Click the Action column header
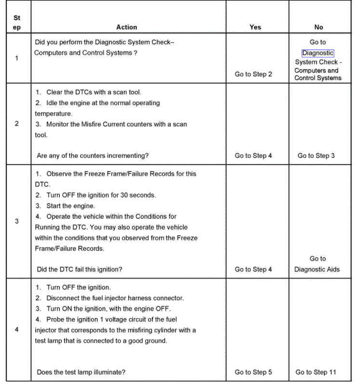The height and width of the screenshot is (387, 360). tap(127, 27)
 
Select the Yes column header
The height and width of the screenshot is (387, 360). tap(255, 27)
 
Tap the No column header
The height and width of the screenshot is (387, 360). tap(319, 27)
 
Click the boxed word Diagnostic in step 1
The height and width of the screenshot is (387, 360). tap(318, 53)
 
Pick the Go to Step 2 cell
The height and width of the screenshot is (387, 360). tap(253, 74)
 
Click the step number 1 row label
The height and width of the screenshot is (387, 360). tap(17, 58)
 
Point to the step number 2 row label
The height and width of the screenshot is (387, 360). tap(17, 124)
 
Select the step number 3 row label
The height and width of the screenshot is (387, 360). tap(17, 222)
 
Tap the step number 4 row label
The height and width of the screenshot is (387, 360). tap(17, 330)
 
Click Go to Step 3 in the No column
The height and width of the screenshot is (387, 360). tap(316, 156)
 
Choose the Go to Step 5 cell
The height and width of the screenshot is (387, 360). tap(253, 372)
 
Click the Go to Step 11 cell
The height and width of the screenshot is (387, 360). tap(316, 372)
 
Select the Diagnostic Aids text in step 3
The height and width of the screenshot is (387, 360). tap(317, 269)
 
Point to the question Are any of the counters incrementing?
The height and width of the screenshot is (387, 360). tap(93, 156)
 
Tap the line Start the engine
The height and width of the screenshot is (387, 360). tap(70, 206)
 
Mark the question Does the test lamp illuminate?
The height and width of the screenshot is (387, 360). tap(81, 372)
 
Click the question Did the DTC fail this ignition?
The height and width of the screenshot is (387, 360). tap(80, 269)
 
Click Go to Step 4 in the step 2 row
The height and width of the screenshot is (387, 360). tap(253, 156)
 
